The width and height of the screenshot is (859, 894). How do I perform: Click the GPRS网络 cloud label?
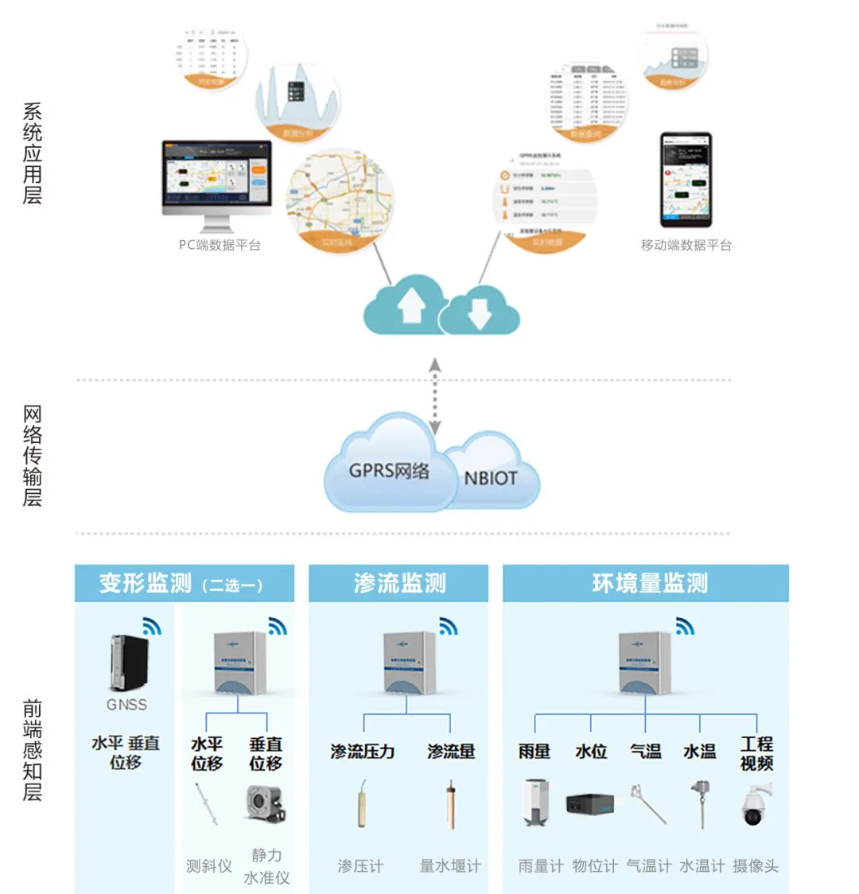(389, 470)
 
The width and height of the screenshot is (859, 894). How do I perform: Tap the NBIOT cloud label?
(491, 478)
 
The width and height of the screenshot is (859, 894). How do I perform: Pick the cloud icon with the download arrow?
(479, 312)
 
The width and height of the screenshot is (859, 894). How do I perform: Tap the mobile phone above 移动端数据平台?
(686, 181)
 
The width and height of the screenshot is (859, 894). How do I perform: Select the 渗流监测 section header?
(399, 584)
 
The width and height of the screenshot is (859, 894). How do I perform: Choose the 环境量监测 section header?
(649, 584)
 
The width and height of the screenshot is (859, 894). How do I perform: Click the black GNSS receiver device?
(129, 663)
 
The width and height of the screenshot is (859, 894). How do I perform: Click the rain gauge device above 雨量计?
(534, 803)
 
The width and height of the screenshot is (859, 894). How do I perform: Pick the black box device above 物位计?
(589, 804)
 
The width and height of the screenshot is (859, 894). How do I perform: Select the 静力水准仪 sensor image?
(265, 804)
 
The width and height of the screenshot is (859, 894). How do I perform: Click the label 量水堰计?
(450, 866)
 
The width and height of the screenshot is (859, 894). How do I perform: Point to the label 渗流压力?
(363, 752)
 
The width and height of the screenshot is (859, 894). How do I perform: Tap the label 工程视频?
(756, 753)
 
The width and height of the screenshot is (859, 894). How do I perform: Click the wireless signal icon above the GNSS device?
(151, 626)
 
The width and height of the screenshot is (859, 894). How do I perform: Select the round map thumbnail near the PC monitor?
(340, 200)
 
